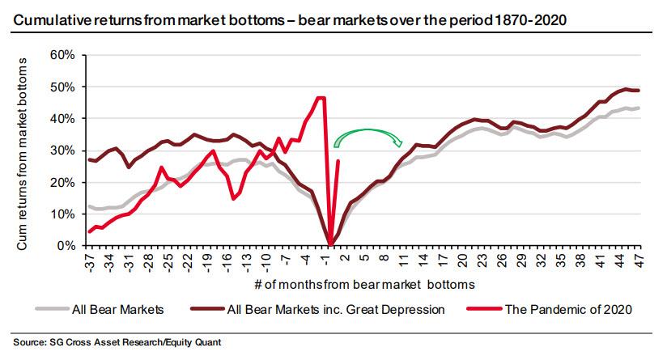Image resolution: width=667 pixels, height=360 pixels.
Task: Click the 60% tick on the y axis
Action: (x=62, y=55)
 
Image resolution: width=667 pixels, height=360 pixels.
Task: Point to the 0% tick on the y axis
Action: (x=66, y=246)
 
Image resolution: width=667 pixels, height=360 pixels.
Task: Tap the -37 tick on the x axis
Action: (x=88, y=261)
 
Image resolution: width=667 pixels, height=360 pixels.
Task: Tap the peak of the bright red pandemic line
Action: (x=321, y=98)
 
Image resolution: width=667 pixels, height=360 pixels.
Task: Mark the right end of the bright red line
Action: (x=338, y=161)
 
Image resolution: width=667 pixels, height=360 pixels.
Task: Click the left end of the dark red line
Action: (x=88, y=159)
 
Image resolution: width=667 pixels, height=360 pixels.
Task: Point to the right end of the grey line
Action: (x=639, y=108)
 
